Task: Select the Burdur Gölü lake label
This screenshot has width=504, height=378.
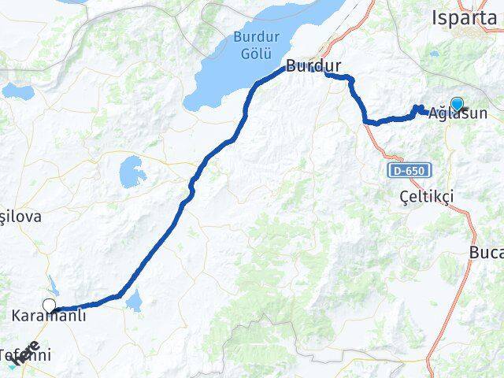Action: coord(251,44)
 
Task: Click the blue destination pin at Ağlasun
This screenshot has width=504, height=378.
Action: coord(456,103)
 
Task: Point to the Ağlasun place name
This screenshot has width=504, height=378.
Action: coord(458,113)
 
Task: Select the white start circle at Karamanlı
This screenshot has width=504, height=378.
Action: coord(50,306)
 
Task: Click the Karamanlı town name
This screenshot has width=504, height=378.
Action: coord(49,317)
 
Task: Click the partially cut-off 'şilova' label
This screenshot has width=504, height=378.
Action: coord(20,216)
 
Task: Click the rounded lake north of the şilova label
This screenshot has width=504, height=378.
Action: coord(131,170)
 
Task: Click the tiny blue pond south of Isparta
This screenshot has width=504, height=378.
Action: coord(435,54)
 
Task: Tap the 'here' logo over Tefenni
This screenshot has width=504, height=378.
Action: coord(24,351)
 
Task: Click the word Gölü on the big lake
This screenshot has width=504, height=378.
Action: coord(251,52)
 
